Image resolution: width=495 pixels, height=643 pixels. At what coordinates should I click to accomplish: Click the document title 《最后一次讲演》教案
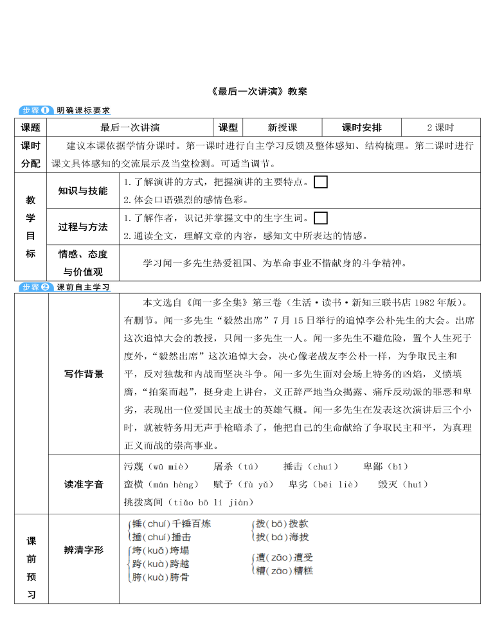pos(259,91)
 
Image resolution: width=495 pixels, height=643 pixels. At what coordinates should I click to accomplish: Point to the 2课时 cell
pos(440,127)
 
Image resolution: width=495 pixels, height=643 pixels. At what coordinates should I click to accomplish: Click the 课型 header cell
pos(228,127)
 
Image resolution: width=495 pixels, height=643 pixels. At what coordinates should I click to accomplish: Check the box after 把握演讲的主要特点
pos(321,182)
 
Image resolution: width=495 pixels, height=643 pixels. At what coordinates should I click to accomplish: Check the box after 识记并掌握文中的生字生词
pos(321,218)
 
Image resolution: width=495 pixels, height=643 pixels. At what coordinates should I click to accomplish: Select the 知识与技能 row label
pos(83,190)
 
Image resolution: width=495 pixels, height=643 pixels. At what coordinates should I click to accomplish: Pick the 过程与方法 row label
pos(83,226)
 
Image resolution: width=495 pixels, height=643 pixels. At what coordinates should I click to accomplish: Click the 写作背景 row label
pos(83,374)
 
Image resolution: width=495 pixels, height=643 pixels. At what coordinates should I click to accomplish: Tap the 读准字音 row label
pos(83,484)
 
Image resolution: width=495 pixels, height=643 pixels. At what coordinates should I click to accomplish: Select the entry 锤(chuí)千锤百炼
pos(171,524)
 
